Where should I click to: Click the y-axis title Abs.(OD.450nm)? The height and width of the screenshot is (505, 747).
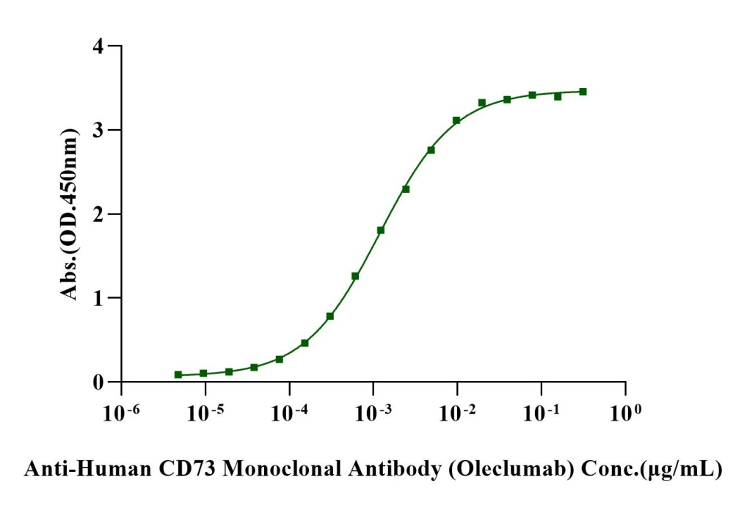click(70, 214)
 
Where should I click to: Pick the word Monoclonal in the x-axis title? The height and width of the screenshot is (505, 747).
click(269, 469)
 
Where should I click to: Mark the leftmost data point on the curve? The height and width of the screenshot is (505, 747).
click(178, 374)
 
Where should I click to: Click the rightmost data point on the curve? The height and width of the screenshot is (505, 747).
click(583, 92)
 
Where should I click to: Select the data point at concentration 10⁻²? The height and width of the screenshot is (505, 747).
click(456, 120)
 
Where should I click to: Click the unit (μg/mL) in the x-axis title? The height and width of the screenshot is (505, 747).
click(682, 469)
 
